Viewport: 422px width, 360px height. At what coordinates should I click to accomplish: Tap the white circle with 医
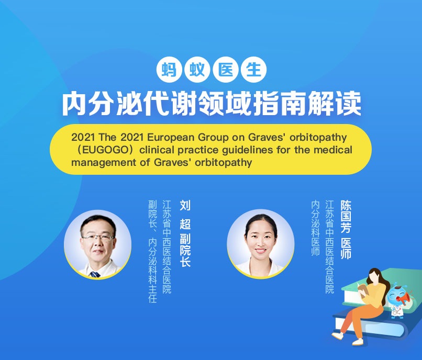pos(226,70)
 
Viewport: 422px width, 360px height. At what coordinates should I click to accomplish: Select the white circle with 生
pos(253,70)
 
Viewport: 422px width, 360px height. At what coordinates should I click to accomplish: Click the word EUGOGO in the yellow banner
pos(106,150)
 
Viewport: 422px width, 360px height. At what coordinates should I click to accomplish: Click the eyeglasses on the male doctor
pos(98,238)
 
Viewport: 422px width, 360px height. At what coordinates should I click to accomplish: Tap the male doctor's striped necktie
pos(95,274)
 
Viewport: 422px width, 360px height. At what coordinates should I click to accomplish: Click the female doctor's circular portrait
pos(261,244)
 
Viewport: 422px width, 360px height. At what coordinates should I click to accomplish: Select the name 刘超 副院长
pos(185,233)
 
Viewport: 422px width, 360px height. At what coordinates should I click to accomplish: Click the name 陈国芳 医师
pos(346,230)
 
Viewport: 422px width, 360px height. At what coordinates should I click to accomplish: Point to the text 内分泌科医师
pos(315,228)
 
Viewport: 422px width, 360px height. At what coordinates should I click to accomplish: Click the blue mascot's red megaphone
pos(404,298)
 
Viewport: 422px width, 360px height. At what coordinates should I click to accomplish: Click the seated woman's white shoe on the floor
pos(338,335)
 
